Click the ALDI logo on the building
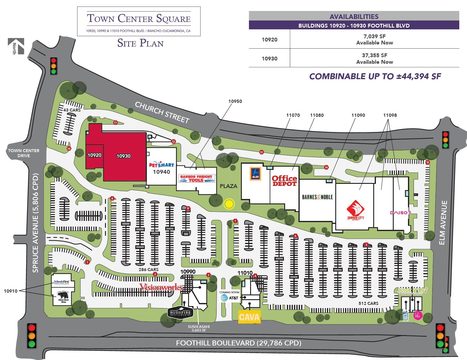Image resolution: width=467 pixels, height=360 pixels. [x=255, y=173]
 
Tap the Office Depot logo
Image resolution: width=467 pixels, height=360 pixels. [x=284, y=181]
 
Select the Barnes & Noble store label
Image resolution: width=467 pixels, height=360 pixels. [x=317, y=197]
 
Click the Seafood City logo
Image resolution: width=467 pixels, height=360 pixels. [x=355, y=210]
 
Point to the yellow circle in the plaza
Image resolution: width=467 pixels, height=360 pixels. [x=229, y=204]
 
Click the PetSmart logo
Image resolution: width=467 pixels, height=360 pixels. [x=161, y=165]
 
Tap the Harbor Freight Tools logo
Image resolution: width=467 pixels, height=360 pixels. [x=196, y=178]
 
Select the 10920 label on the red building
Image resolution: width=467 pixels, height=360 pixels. [x=94, y=155]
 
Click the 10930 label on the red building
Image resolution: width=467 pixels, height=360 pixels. [x=123, y=156]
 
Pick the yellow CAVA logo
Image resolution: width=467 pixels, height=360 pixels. [x=249, y=317]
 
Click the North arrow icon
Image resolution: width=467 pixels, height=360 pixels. [x=16, y=47]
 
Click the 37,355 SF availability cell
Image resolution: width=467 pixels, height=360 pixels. [x=374, y=58]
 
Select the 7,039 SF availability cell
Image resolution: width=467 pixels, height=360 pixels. [x=374, y=39]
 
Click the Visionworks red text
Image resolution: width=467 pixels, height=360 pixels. [x=161, y=287]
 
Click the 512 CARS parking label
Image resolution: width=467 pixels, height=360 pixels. [x=368, y=303]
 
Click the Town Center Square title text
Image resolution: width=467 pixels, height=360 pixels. [x=139, y=19]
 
